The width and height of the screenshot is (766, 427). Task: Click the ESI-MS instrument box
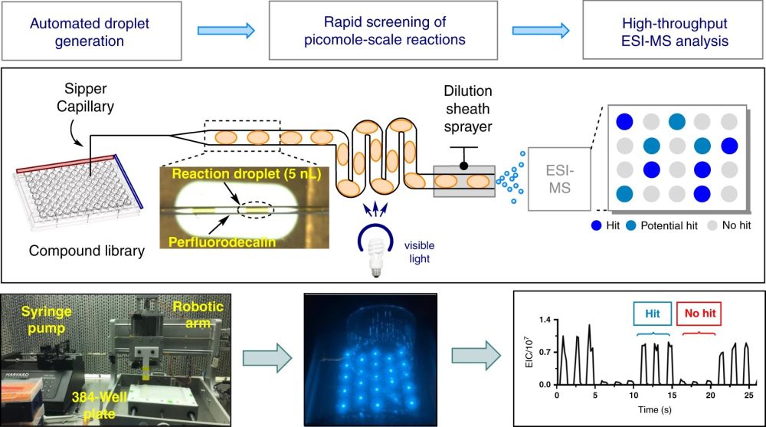[560, 179]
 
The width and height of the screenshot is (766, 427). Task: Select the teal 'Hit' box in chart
[652, 313]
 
